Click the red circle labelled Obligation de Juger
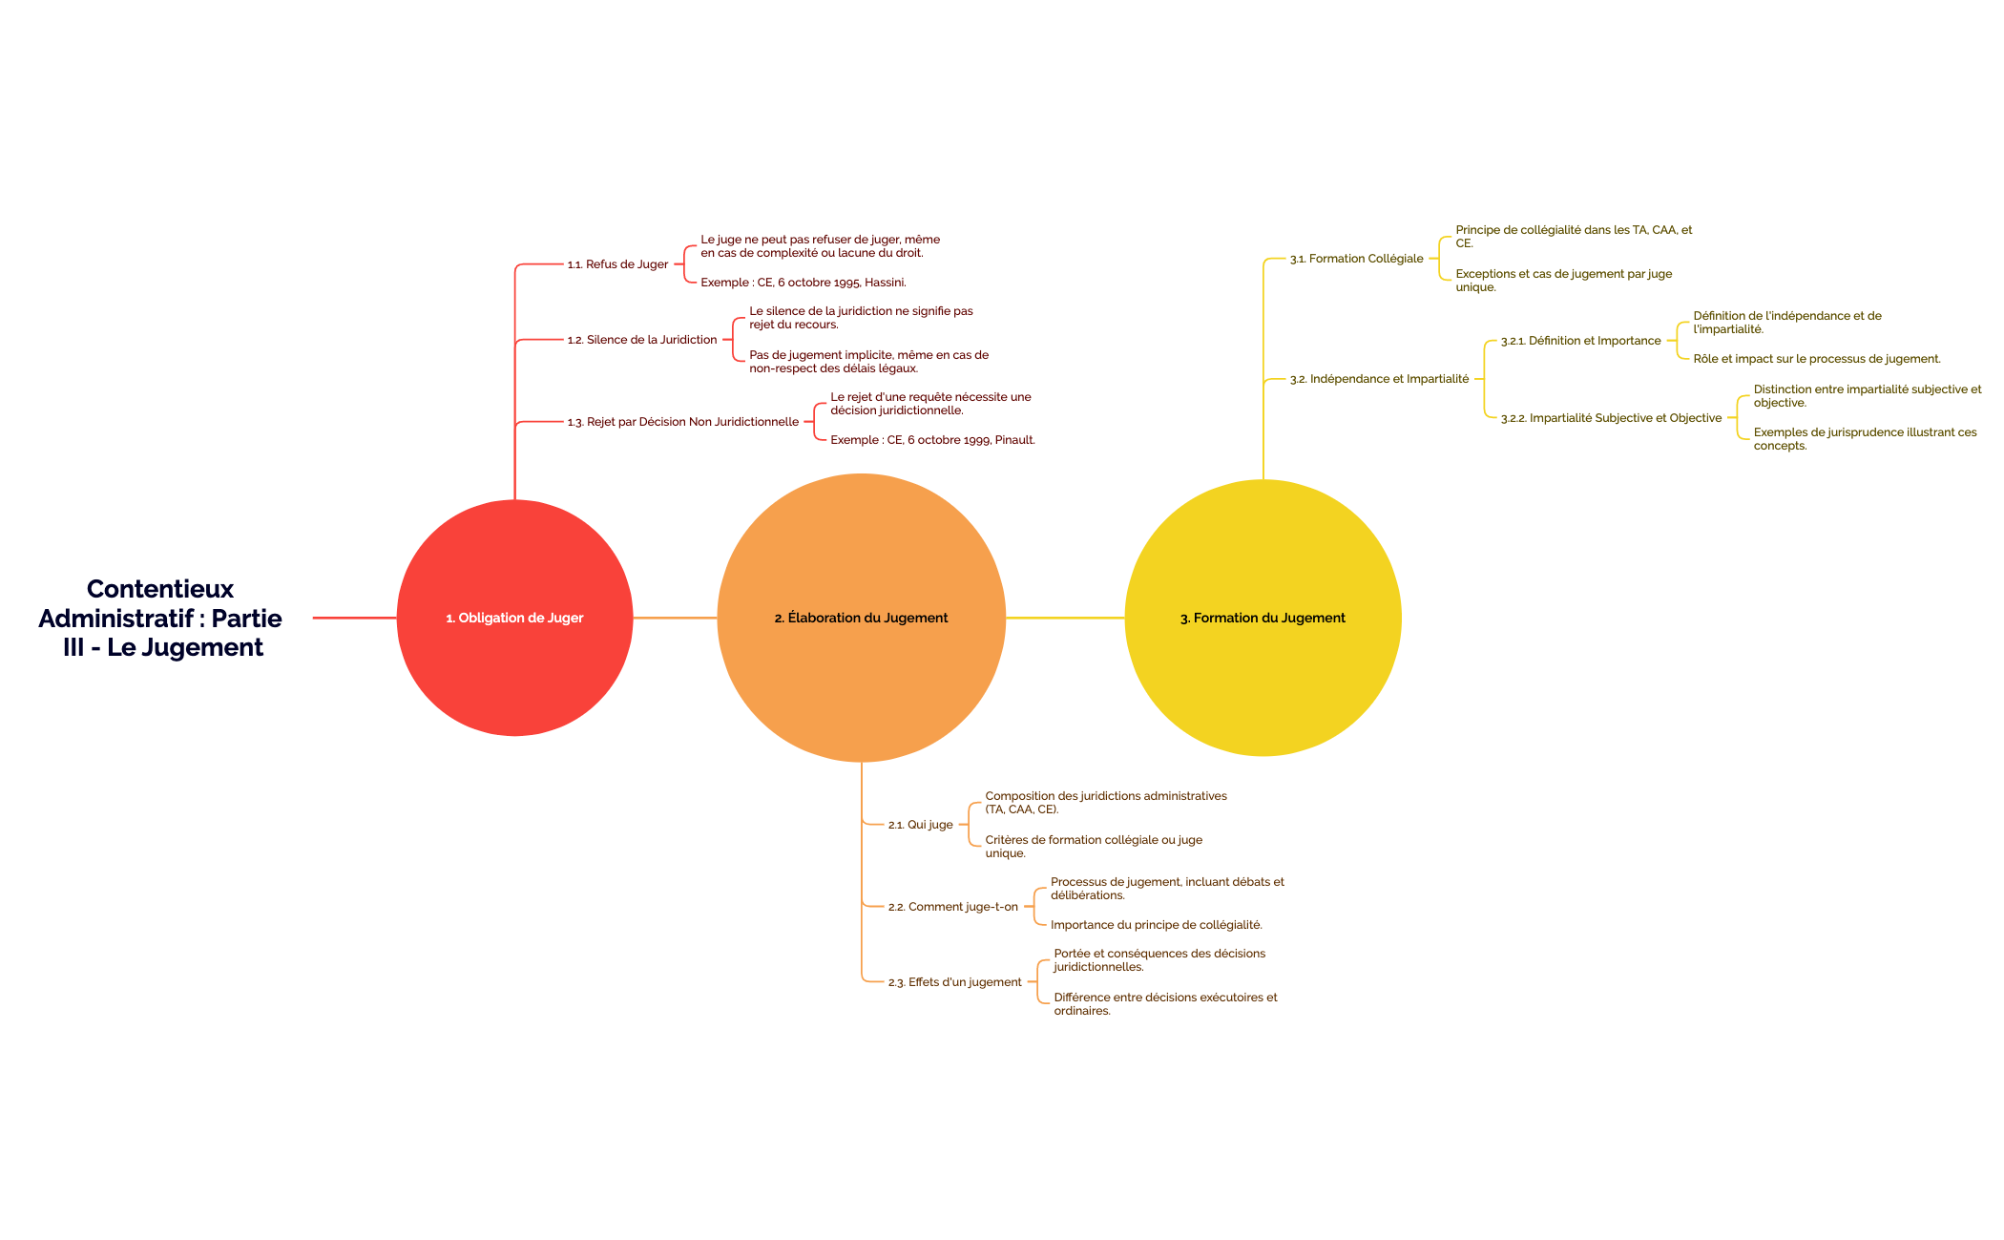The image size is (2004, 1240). (514, 618)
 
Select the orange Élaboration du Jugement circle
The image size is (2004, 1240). (861, 618)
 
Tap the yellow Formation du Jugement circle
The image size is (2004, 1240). (1263, 618)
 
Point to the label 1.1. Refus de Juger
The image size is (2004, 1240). (617, 264)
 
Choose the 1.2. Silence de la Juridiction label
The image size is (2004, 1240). (641, 340)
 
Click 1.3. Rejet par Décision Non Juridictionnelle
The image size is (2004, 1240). (682, 422)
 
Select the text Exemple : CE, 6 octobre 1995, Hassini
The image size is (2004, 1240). (804, 283)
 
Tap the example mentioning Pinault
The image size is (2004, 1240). (932, 440)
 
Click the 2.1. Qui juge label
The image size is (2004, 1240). (920, 825)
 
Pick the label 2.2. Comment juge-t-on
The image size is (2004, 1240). (952, 907)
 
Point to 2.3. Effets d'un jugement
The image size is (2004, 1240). (954, 982)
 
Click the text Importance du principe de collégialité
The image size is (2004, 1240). (1156, 925)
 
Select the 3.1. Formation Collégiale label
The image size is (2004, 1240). (1356, 259)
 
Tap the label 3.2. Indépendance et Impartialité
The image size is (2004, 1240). (1379, 379)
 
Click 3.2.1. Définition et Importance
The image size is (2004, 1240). (1580, 341)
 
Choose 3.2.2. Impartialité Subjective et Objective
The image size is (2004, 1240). (1611, 418)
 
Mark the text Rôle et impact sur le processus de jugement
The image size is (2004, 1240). (1817, 359)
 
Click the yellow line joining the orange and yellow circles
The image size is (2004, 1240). (1065, 618)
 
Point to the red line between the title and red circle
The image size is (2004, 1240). (354, 618)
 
